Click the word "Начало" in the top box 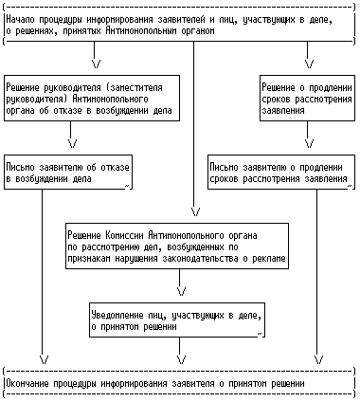[21, 20]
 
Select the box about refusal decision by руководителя [92, 98]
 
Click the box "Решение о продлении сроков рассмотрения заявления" [307, 98]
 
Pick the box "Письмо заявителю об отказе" [68, 173]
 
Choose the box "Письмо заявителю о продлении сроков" [280, 173]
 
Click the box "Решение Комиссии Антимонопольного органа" [177, 246]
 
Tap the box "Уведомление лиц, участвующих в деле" [177, 320]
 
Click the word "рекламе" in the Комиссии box [269, 259]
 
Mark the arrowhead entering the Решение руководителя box [97, 64]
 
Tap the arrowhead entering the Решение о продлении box [310, 64]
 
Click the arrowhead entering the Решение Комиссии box [196, 212]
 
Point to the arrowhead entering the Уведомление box [182, 292]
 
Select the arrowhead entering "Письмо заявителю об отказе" [73, 144]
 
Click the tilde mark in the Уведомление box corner [260, 334]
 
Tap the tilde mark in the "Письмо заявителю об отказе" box [127, 186]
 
